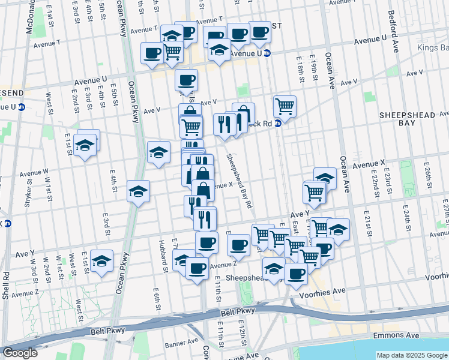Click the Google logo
coord(20,353)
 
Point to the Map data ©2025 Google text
coord(412,355)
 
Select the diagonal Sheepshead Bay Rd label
coord(239,179)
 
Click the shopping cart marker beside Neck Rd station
coord(285,107)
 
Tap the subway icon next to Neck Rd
coord(278,124)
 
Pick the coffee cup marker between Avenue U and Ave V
coord(186,80)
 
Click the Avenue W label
coord(34,173)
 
